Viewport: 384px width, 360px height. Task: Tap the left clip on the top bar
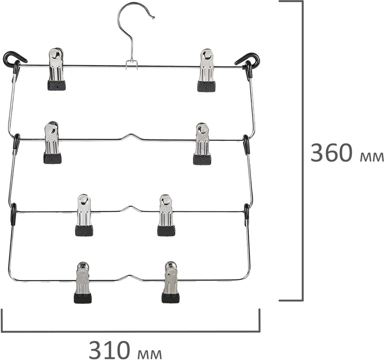click(x=56, y=69)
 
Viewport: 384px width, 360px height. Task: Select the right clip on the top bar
click(x=206, y=70)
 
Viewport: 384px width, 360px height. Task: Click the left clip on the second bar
click(x=52, y=143)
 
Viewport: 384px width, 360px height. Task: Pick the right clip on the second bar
click(x=202, y=144)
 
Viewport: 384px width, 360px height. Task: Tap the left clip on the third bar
click(x=84, y=215)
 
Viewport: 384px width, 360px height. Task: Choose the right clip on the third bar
click(x=166, y=215)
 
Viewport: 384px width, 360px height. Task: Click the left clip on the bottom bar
click(x=83, y=283)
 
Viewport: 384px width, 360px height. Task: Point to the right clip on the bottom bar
click(x=170, y=282)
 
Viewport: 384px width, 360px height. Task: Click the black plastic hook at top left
click(x=13, y=59)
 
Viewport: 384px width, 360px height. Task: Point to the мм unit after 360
click(x=372, y=157)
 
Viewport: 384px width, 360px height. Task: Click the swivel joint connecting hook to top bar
click(x=132, y=64)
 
